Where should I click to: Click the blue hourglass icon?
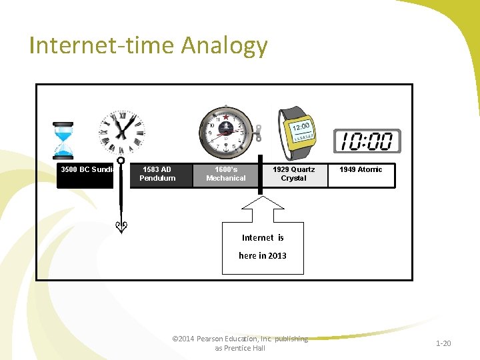coord(63,141)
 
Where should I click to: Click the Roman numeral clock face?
coord(121,131)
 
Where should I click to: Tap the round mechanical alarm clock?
coord(225,131)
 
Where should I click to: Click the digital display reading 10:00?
coord(367,141)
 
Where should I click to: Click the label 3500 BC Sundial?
coord(87,170)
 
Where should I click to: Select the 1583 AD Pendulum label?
coord(158,174)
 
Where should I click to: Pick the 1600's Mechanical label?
coord(225,174)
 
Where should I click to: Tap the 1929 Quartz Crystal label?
coord(293,174)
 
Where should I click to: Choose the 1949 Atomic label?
coord(361,170)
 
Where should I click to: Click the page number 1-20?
coord(443,343)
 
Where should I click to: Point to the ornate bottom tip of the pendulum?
coord(121,227)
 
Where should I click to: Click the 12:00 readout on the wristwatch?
coord(301,126)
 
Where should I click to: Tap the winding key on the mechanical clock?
coord(257,132)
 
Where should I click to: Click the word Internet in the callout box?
coord(257,238)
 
